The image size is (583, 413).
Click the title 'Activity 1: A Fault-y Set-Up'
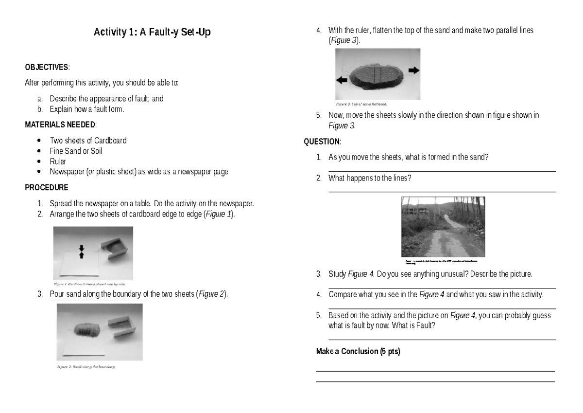152,34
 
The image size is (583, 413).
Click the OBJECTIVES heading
47,67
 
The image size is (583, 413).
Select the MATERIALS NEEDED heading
60,125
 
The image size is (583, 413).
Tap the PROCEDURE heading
47,187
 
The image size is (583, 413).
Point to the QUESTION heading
322,142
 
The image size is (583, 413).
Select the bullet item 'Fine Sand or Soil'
76,151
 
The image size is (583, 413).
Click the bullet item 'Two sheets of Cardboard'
88,141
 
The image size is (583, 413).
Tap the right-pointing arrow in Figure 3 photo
413,71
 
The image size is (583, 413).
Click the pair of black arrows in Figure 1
82,251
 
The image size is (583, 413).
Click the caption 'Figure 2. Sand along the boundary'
86,367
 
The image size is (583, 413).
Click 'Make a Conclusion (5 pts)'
358,351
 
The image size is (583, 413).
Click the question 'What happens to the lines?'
370,178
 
